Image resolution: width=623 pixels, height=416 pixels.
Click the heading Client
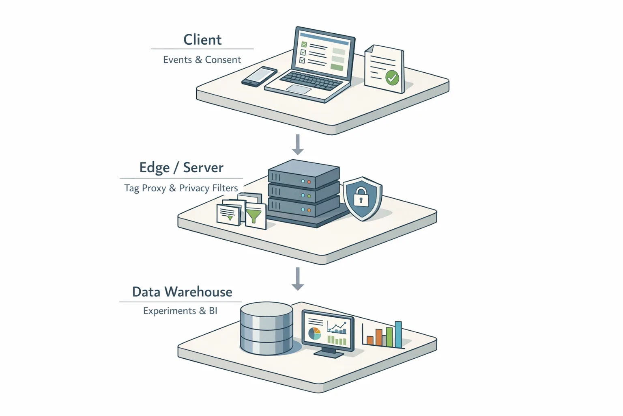point(202,40)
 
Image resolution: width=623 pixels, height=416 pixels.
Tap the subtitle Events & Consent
point(202,60)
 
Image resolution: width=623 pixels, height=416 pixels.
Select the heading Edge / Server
point(181,168)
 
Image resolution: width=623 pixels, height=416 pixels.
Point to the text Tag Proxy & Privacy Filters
point(181,188)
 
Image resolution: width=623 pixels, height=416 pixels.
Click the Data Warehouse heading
point(182,292)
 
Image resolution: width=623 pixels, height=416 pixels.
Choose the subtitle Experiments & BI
point(180,311)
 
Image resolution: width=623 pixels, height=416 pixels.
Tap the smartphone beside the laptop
point(259,76)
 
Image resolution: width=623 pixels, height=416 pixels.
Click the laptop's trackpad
point(299,89)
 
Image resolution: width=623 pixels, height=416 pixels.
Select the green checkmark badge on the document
point(392,77)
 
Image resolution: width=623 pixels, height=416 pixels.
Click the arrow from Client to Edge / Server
point(298,145)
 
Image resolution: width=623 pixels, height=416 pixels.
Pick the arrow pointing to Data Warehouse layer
point(298,279)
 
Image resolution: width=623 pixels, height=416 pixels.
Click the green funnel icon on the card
point(253,215)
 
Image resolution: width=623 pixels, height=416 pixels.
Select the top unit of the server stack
point(303,173)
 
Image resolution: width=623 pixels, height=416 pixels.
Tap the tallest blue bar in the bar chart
point(398,335)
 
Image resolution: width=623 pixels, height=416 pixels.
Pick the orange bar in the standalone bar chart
point(379,338)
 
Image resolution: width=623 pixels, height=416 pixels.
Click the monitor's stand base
point(329,355)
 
